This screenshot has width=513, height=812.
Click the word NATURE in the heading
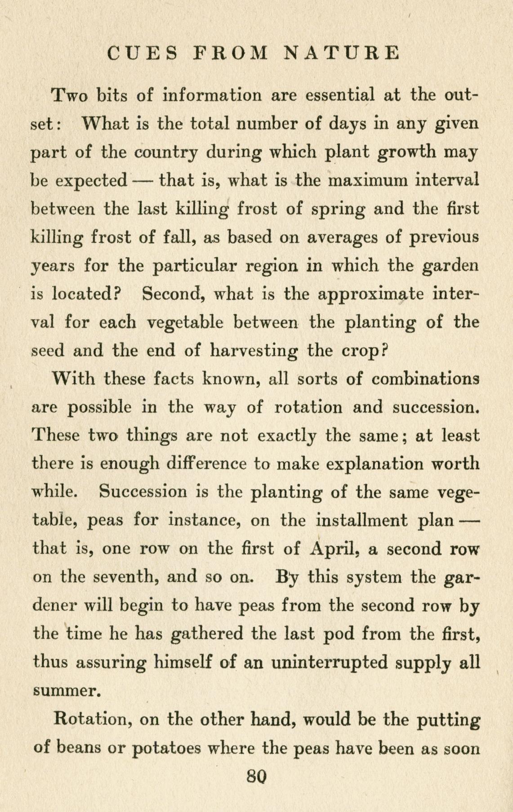(342, 53)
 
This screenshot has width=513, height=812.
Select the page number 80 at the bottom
(257, 776)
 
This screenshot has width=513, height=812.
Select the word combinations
(425, 379)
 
